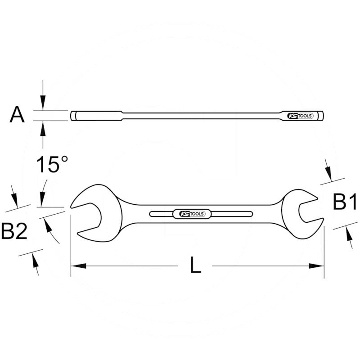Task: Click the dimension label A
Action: [x=17, y=115]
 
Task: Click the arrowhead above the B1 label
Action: [x=328, y=173]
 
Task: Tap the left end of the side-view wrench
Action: [x=72, y=116]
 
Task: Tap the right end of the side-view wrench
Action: [x=323, y=116]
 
